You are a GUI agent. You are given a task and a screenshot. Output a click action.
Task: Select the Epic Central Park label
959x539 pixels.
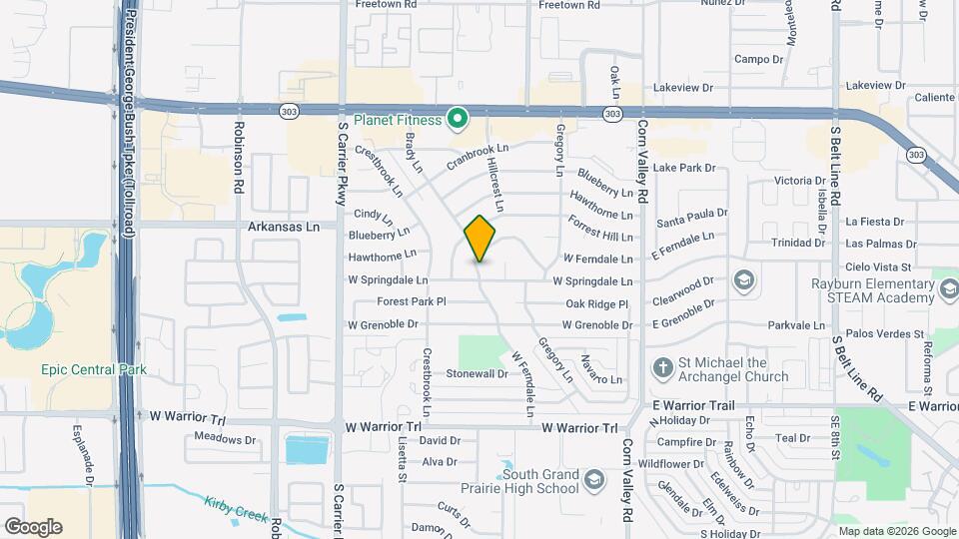94,370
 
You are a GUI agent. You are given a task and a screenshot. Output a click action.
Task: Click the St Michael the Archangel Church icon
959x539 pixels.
661,368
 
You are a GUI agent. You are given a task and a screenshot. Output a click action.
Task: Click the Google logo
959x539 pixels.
32,527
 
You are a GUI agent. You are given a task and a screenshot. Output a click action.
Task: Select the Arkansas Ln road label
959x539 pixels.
284,227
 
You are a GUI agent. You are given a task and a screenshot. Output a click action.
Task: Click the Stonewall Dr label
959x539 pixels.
477,373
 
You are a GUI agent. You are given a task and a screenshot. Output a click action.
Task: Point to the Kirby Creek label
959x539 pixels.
237,512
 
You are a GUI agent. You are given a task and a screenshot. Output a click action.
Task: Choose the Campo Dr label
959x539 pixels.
758,59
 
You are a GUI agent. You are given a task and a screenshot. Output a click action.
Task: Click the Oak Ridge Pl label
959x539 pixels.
596,303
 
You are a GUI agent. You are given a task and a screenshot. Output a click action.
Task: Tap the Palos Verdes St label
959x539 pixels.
879,333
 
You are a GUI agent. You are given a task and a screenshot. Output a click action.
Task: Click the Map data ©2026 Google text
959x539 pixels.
896,531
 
